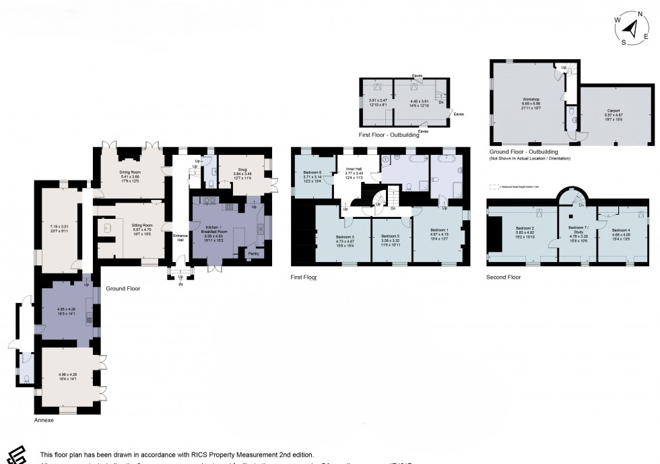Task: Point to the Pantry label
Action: tap(254, 254)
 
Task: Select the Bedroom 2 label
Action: tap(524, 230)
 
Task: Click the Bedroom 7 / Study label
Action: tap(579, 231)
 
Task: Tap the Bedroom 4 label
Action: tap(621, 230)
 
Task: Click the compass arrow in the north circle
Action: tap(632, 30)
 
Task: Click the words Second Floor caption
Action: tap(503, 277)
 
